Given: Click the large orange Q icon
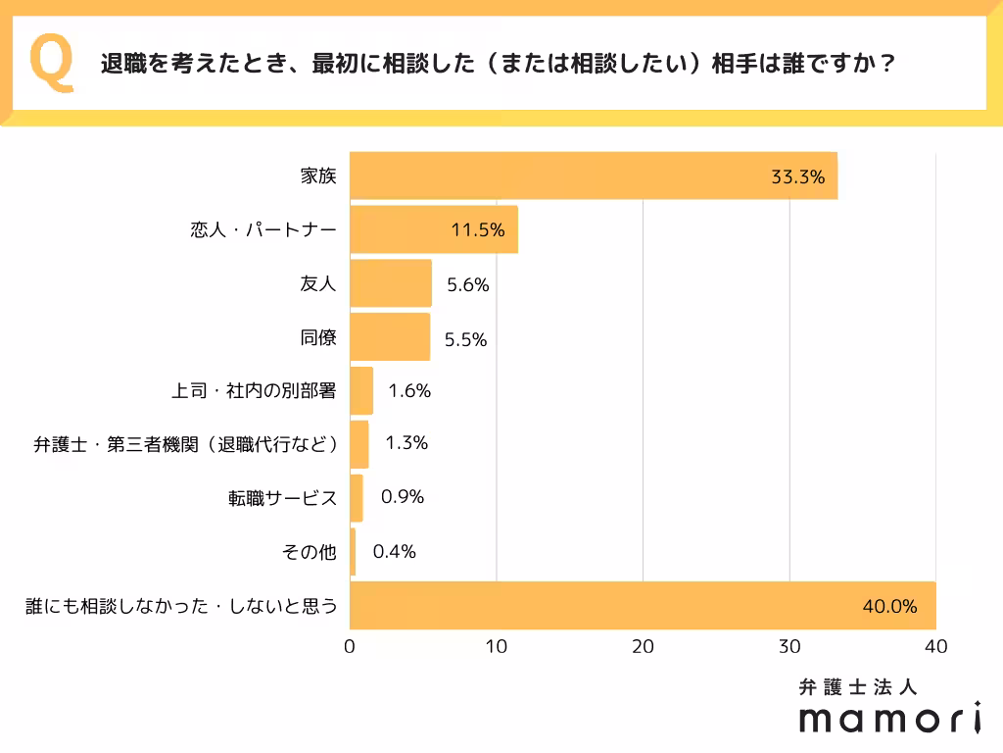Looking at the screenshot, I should [x=52, y=63].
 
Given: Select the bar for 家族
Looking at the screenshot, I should [x=593, y=176].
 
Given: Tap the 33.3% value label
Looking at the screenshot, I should [x=797, y=177].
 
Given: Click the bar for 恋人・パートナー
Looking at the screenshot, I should [x=433, y=230].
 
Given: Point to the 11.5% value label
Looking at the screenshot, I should [x=477, y=231].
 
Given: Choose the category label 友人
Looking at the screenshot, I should [x=317, y=284].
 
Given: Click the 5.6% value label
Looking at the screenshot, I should [x=466, y=285].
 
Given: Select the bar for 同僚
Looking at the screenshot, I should [x=390, y=337].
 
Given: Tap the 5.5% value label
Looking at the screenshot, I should [x=465, y=339].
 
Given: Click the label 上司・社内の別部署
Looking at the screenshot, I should [x=254, y=391].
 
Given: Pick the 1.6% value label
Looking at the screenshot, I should [x=409, y=391].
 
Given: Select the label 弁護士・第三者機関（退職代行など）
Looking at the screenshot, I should [x=186, y=444].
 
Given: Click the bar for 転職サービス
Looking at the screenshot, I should [x=357, y=498].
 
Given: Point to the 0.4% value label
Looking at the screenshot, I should [x=395, y=552].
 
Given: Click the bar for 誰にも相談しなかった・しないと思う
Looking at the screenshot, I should [x=643, y=606].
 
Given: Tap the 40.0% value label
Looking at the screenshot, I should [x=889, y=607].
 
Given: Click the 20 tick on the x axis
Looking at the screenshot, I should [x=643, y=647].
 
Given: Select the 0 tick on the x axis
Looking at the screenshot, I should [x=350, y=647].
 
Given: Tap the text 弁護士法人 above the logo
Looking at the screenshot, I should [x=857, y=687].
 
